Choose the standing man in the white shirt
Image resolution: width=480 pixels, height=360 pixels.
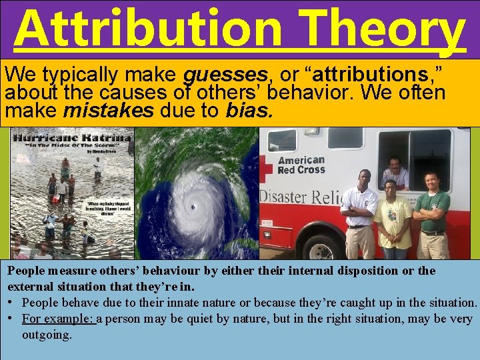click(359, 213)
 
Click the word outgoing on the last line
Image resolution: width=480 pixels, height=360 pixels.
click(47, 334)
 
